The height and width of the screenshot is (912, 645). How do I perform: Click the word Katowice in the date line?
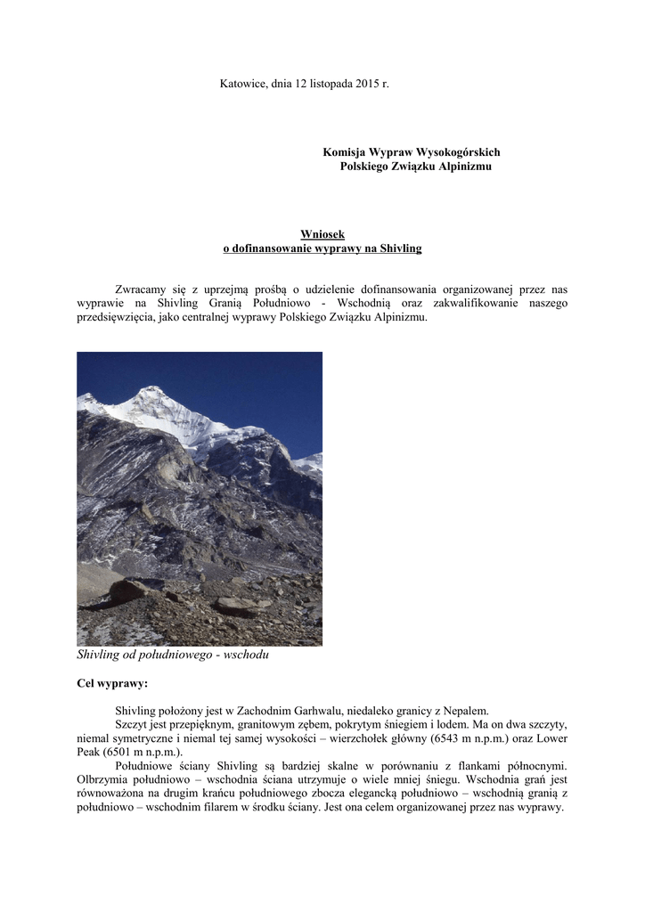243,83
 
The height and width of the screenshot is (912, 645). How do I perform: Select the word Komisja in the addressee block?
345,153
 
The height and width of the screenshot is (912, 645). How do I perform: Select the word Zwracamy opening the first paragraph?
143,289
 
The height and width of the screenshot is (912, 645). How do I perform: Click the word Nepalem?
463,711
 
